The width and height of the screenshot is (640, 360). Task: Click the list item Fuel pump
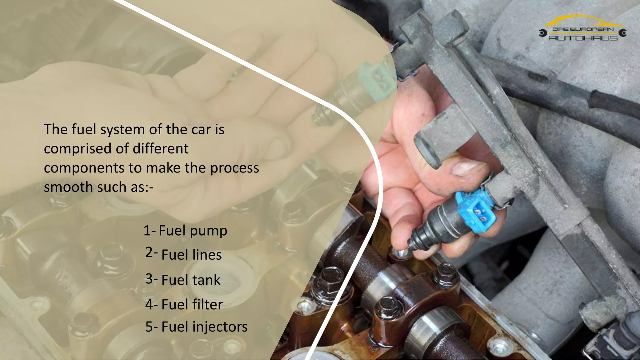click(193, 231)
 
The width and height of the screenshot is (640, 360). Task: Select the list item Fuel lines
click(192, 255)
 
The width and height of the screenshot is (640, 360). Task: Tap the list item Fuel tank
click(191, 280)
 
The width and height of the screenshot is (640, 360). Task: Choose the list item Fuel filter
click(192, 304)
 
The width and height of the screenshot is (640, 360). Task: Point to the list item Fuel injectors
click(204, 327)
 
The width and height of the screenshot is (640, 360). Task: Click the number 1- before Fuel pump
click(149, 231)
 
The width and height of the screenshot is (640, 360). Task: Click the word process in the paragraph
click(234, 168)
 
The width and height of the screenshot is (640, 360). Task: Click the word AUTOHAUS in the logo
click(583, 38)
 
